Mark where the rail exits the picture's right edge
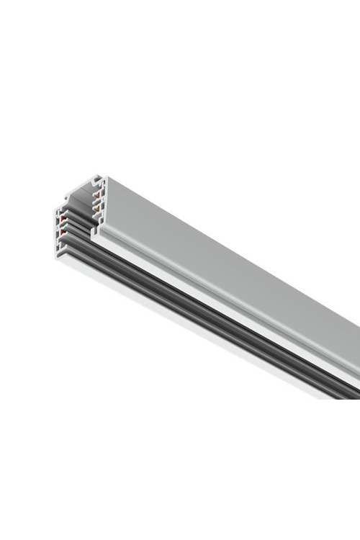coord(357,360)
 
